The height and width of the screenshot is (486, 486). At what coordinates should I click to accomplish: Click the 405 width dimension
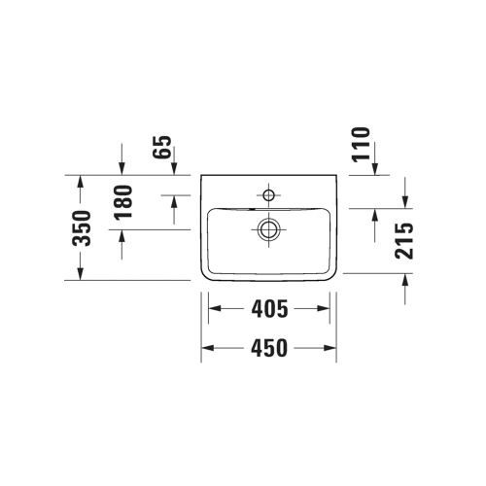[x=268, y=310]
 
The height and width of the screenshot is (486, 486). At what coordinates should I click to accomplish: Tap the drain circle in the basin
[x=268, y=229]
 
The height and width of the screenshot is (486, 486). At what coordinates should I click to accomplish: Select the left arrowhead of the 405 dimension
[x=215, y=310]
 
